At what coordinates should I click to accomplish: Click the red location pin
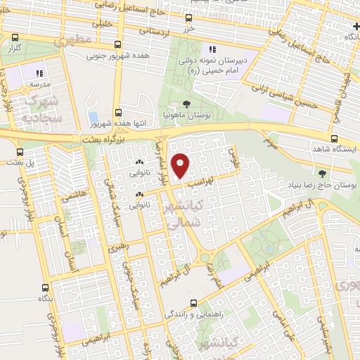tap(181, 165)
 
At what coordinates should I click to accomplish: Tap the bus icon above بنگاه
tap(46, 288)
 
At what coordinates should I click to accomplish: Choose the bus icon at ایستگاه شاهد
tap(335, 139)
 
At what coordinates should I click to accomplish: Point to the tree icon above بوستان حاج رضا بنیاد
tap(322, 174)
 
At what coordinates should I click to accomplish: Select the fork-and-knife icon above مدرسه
tap(40, 72)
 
